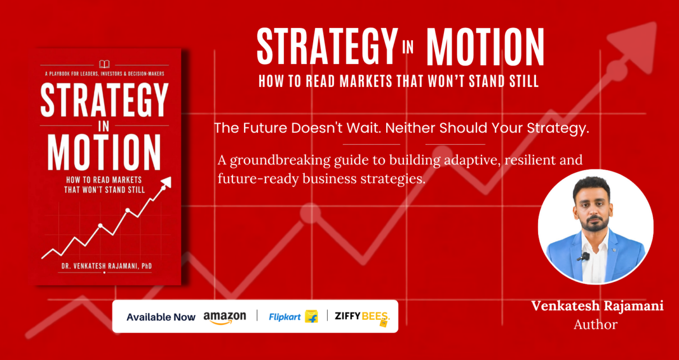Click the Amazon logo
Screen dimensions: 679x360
point(224,317)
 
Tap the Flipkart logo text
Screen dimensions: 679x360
point(285,317)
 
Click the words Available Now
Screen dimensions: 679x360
point(161,317)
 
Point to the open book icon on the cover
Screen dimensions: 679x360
point(104,64)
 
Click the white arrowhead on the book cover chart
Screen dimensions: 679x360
point(167,182)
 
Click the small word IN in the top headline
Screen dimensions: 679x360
point(408,47)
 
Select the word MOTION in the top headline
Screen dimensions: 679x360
point(485,47)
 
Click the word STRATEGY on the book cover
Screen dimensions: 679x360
point(104,100)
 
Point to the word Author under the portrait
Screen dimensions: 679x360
point(595,325)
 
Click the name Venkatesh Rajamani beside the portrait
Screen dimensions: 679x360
point(598,306)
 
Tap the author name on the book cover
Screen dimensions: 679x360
point(107,266)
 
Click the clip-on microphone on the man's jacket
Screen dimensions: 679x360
point(584,257)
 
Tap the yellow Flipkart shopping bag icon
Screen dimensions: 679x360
point(311,316)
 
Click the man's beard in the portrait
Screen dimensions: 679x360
point(595,224)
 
